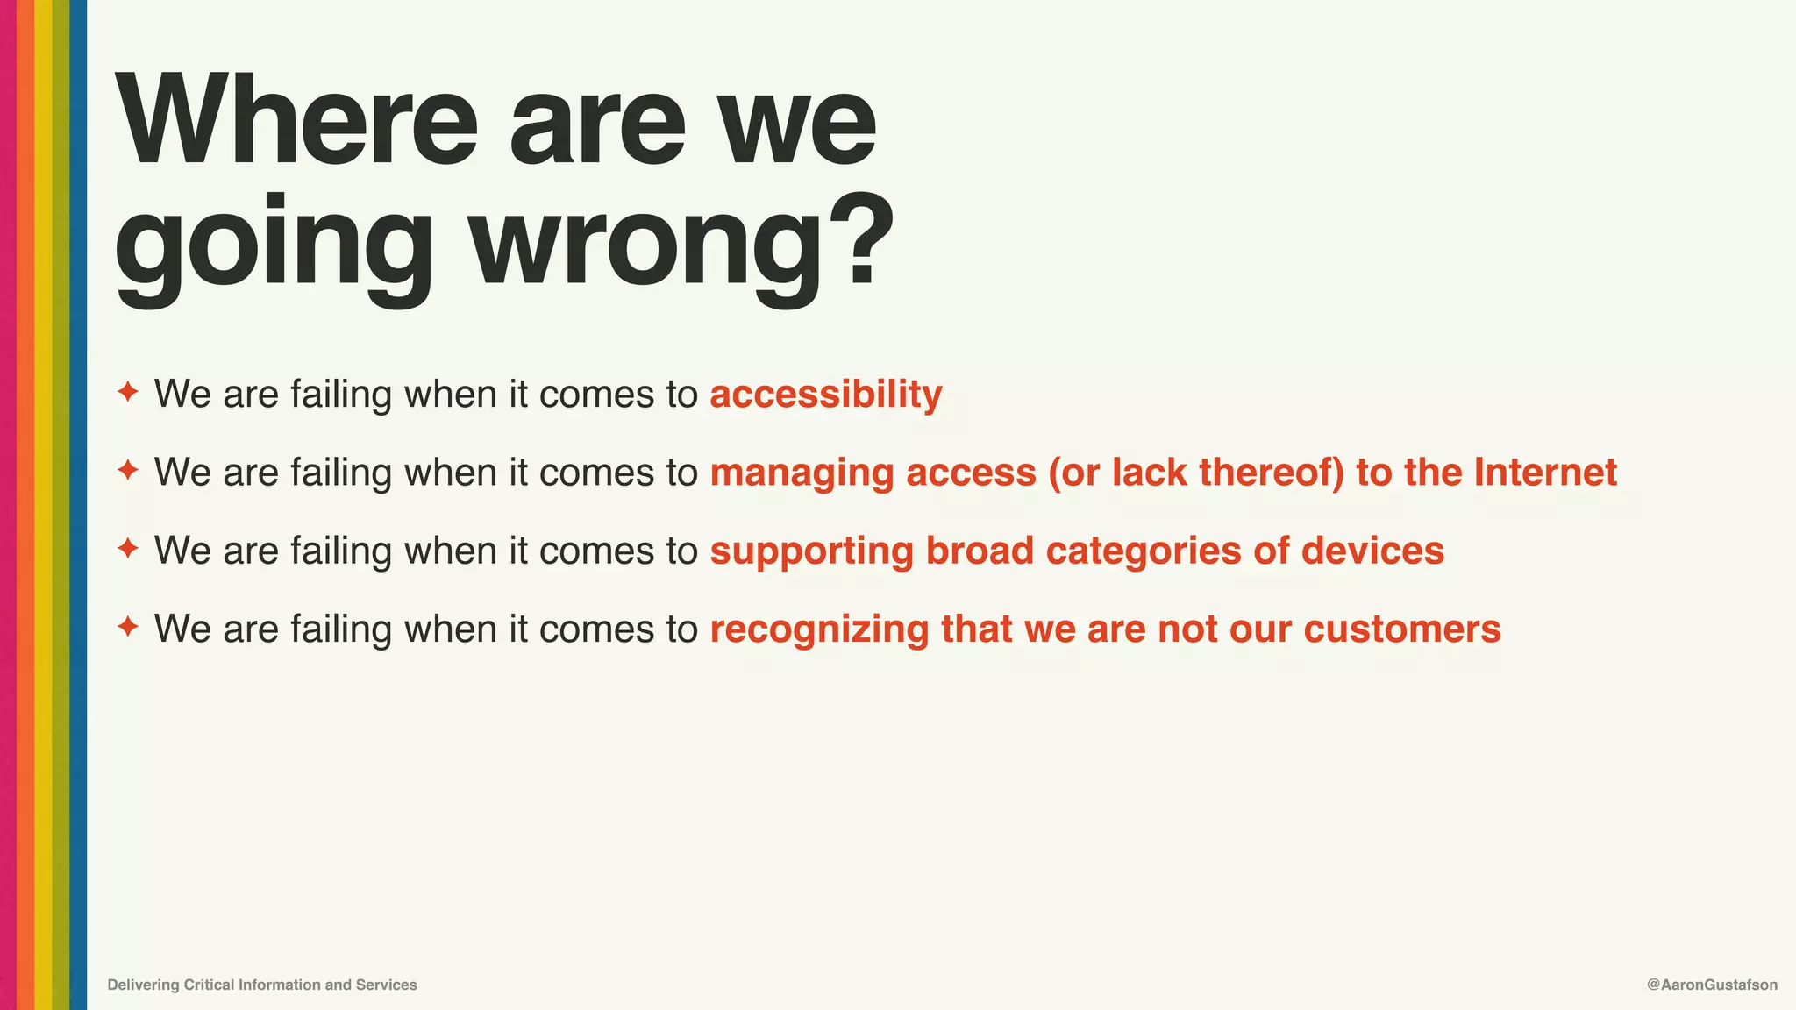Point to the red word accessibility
click(x=825, y=395)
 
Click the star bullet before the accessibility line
click(x=128, y=392)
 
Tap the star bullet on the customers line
click(x=128, y=627)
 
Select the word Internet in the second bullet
click(x=1545, y=473)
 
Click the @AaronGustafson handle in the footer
click(x=1712, y=985)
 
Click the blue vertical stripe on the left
click(x=78, y=505)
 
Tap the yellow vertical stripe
click(x=43, y=505)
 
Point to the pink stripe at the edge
click(x=8, y=505)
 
